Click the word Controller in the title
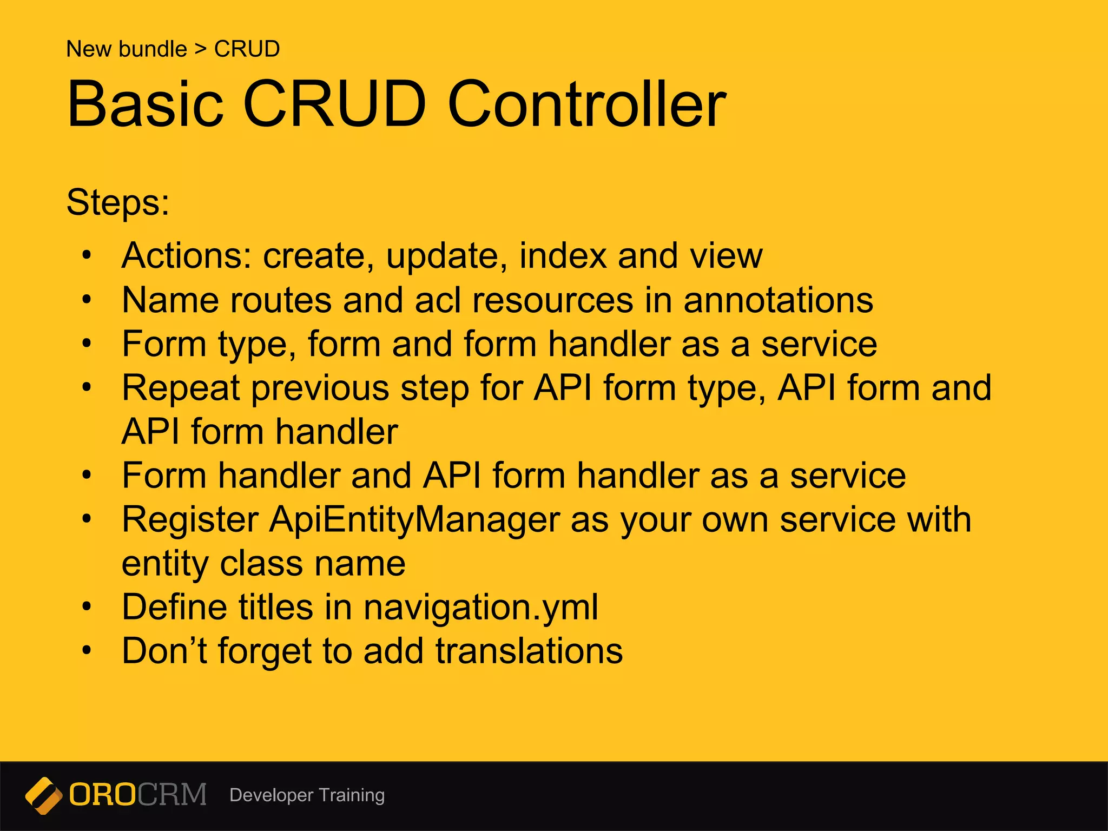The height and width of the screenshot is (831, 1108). pos(586,104)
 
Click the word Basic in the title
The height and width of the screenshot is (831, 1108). pos(145,104)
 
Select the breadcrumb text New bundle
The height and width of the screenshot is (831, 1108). pos(126,49)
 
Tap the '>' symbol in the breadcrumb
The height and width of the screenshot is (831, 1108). pos(201,49)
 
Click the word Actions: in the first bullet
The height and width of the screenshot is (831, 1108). pos(187,255)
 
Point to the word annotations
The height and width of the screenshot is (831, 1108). pos(778,300)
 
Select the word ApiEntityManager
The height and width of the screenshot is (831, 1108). pos(414,520)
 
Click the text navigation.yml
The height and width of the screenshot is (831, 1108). pos(480,607)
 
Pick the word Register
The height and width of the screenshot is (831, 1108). pos(190,520)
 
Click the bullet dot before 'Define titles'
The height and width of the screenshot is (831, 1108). pos(87,607)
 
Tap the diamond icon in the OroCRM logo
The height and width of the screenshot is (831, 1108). pos(43,795)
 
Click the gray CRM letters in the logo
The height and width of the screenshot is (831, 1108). pos(172,795)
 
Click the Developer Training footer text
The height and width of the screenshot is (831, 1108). pos(307,795)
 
